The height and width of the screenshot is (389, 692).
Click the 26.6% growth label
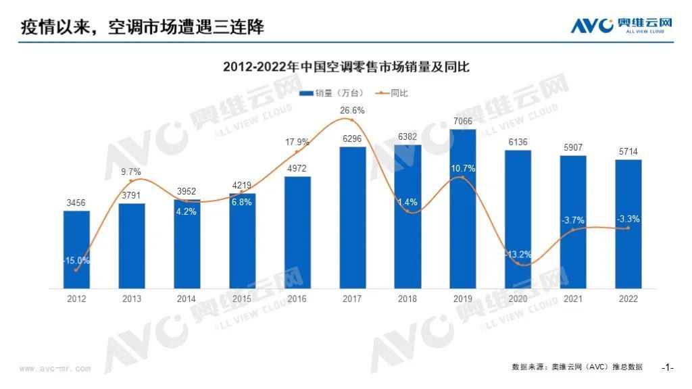pyautogui.click(x=352, y=110)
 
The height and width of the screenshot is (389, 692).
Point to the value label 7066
pyautogui.click(x=463, y=122)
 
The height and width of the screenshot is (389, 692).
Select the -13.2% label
pyautogui.click(x=518, y=255)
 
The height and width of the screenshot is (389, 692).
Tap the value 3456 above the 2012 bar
pyautogui.click(x=76, y=203)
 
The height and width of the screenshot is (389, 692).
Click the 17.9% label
pyautogui.click(x=297, y=142)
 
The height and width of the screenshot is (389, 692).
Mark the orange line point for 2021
pyautogui.click(x=573, y=230)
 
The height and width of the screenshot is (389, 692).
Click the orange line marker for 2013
pyautogui.click(x=132, y=180)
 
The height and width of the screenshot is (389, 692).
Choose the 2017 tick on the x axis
pyautogui.click(x=352, y=299)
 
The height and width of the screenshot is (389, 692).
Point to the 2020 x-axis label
pyautogui.click(x=518, y=299)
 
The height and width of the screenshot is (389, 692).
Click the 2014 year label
pyautogui.click(x=187, y=299)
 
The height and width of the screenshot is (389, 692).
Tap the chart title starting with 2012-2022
pyautogui.click(x=346, y=67)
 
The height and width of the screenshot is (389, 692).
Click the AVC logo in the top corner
pyautogui.click(x=622, y=25)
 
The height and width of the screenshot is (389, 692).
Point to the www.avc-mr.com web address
pyautogui.click(x=55, y=369)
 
